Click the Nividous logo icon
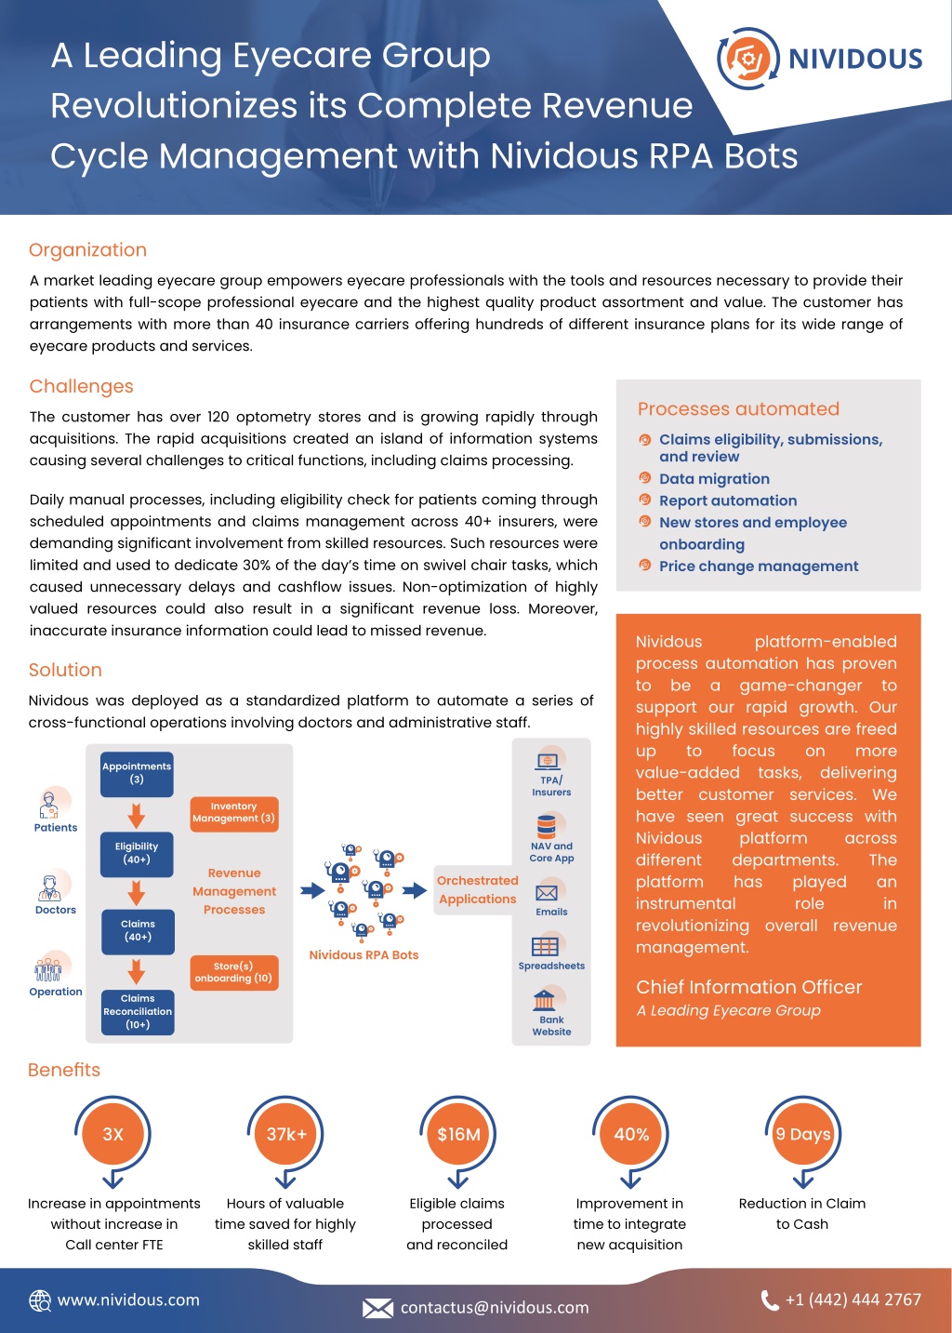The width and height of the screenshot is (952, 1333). [748, 59]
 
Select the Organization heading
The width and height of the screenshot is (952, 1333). [87, 250]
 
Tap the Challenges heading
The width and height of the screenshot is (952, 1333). [81, 386]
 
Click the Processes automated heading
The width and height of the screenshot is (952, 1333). [738, 408]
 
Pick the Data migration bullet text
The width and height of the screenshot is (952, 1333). [714, 479]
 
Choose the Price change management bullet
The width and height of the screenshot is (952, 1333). [759, 566]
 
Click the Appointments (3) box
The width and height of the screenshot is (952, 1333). [137, 774]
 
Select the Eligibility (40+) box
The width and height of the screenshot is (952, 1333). [137, 854]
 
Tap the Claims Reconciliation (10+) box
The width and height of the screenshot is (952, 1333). [138, 1012]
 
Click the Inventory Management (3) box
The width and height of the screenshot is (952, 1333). [234, 814]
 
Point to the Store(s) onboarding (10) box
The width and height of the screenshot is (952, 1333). [234, 972]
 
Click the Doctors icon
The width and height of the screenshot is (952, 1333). [51, 887]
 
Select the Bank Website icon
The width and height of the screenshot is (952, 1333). [544, 1000]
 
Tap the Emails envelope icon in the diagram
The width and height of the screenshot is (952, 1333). [547, 893]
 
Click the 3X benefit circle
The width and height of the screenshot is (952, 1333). [113, 1134]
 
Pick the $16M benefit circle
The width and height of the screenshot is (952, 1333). [458, 1134]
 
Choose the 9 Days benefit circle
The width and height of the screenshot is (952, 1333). [802, 1134]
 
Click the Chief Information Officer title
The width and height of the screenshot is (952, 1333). [748, 987]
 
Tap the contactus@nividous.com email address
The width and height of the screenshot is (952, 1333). [495, 1307]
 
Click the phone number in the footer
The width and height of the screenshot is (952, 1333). [853, 1300]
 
